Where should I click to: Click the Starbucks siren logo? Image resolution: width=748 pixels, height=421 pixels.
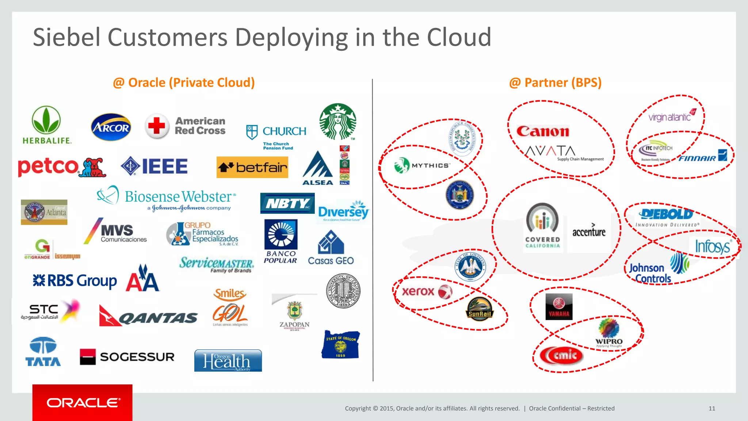337,121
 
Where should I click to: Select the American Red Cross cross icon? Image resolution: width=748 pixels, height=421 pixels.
157,126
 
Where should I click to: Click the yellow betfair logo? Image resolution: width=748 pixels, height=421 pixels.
252,167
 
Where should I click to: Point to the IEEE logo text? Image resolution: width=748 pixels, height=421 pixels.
164,166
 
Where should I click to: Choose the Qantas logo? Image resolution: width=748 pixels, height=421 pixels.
148,316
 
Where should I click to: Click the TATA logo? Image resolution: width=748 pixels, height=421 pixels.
43,352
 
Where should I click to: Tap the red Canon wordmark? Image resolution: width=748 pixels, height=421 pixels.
543,131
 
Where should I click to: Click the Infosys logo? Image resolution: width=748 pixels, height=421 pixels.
712,247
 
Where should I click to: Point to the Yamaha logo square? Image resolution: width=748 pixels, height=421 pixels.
559,307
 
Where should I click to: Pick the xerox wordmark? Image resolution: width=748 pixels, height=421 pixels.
419,291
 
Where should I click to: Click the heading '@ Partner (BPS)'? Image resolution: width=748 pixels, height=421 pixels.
555,83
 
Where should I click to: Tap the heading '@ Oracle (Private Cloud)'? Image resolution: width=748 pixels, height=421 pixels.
184,83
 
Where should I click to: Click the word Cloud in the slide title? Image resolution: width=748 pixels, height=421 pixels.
459,37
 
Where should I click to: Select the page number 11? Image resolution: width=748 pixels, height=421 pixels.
711,408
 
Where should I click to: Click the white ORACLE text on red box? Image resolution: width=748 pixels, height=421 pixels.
83,403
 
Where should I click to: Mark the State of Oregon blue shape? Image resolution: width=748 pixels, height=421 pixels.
340,345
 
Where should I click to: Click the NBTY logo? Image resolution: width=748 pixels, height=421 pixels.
287,203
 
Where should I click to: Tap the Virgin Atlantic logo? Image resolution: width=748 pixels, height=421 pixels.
671,116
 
